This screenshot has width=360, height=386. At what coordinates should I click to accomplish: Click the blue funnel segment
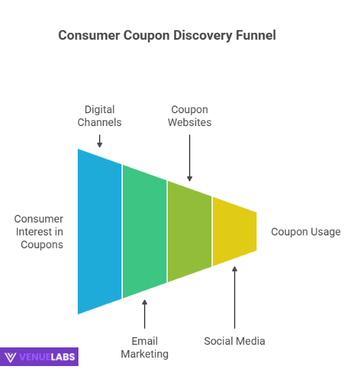(100, 232)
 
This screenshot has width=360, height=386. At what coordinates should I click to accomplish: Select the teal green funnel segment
(145, 232)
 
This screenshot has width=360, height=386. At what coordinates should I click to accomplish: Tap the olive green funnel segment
(190, 232)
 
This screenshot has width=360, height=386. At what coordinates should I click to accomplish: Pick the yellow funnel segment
(234, 232)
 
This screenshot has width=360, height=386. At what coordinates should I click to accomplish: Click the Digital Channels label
(99, 116)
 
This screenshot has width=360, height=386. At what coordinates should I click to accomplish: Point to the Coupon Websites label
(190, 116)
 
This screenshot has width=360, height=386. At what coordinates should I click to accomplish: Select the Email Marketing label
(145, 347)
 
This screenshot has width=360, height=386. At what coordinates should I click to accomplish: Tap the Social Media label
(234, 341)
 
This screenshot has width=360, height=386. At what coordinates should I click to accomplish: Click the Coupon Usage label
(306, 232)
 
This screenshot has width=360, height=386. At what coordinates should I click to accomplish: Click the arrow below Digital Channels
(100, 140)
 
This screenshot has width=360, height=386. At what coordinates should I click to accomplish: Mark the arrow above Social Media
(235, 298)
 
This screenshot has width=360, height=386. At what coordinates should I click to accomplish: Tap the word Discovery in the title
(201, 35)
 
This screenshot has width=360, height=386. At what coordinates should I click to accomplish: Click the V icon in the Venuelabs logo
(11, 357)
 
